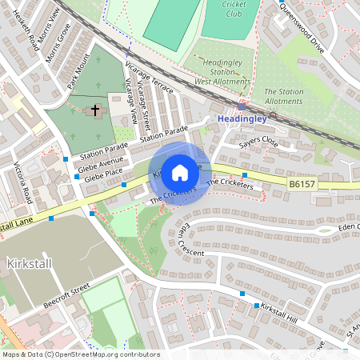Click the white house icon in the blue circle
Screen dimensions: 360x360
[x=180, y=172]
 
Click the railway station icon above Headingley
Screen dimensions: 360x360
[x=242, y=106]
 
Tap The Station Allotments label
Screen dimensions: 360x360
[x=284, y=96]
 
